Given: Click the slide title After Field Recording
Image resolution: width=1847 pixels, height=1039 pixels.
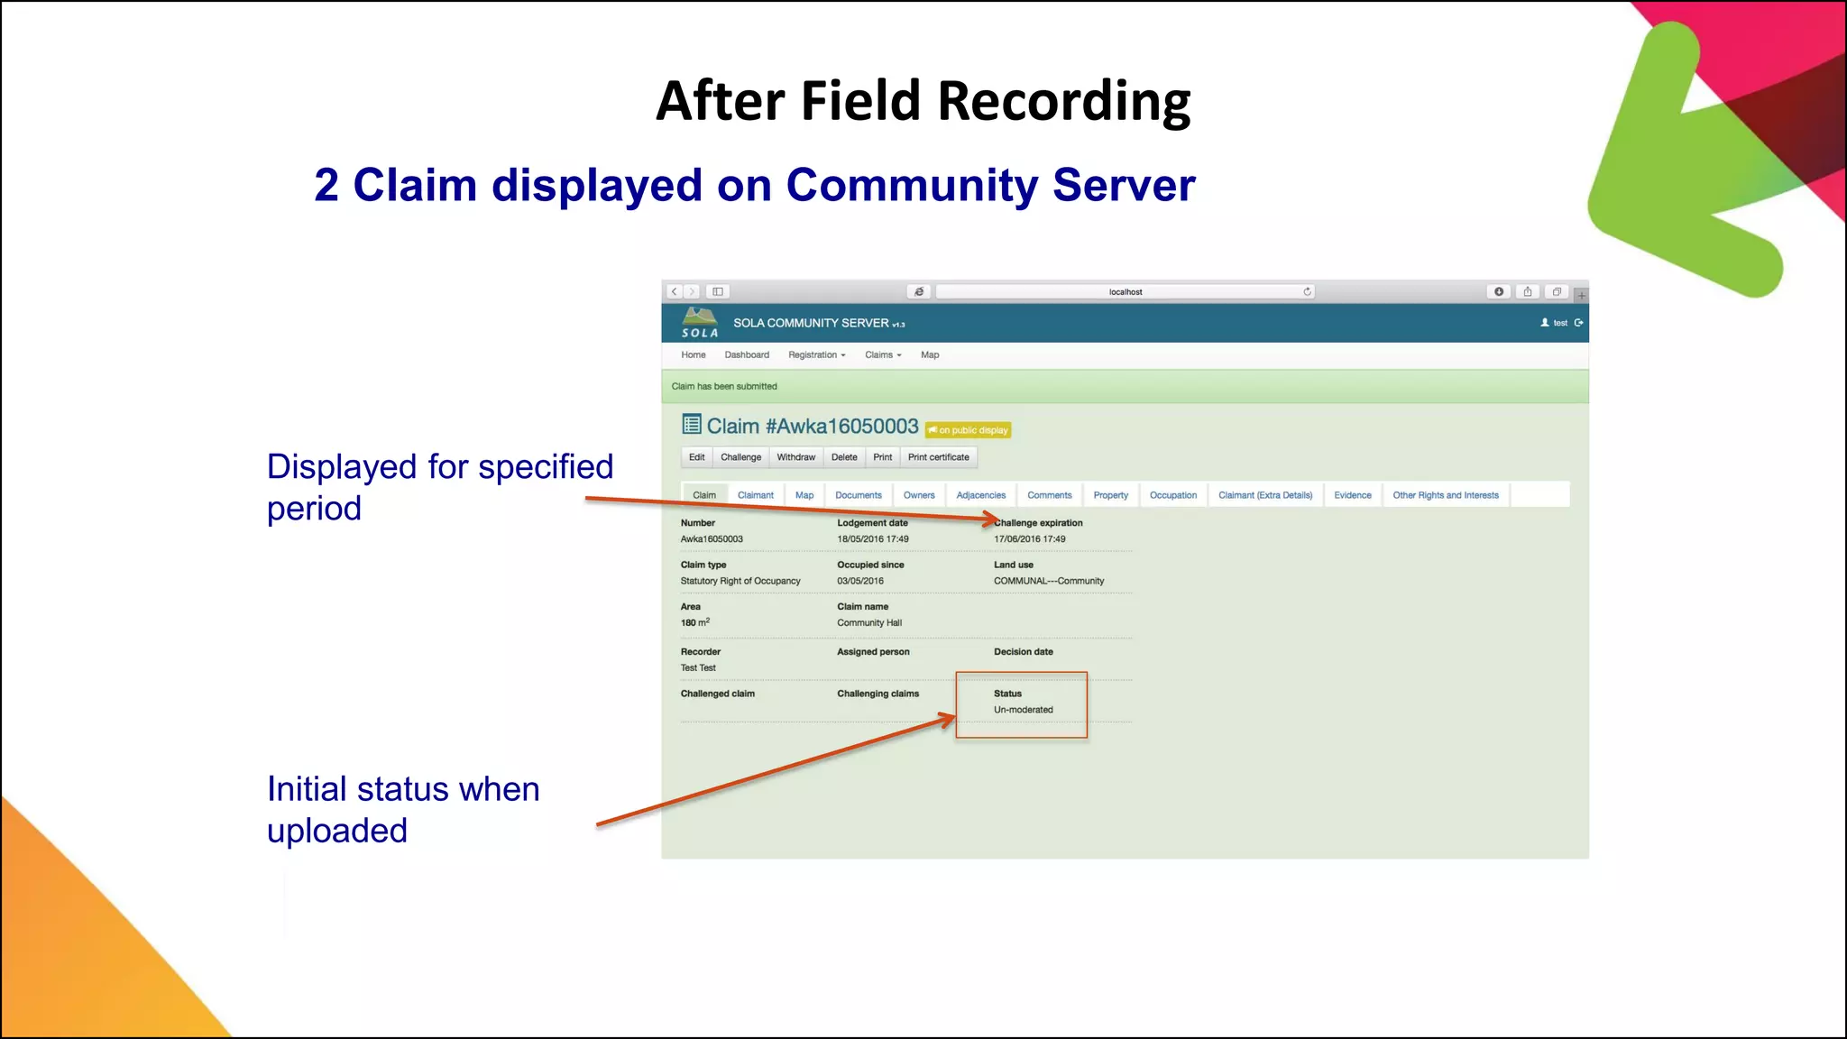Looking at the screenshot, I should [923, 100].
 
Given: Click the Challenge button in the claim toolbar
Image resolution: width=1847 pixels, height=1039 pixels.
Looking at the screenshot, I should [740, 457].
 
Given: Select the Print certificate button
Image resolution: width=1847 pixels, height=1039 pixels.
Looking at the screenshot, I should [938, 457].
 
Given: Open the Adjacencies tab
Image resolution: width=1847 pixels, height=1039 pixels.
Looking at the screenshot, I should [980, 495].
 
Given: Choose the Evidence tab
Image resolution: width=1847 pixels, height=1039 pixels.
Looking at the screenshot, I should [1352, 495].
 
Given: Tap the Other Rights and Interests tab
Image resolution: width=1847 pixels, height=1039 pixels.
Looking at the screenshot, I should [1445, 495].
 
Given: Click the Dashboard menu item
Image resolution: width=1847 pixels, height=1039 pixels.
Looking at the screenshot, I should [747, 354].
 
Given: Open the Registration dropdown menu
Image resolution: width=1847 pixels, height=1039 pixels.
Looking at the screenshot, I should [816, 354].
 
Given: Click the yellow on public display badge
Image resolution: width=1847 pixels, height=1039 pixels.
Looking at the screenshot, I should [968, 430].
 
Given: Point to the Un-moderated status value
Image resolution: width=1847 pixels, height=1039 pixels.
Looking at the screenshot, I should [1023, 710].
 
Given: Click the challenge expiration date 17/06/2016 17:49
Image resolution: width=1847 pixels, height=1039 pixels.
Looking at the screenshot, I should [1029, 539].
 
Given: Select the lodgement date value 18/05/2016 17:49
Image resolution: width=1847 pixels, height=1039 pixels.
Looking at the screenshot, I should [872, 539].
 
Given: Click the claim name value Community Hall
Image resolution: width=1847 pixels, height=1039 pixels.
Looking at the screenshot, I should [868, 623].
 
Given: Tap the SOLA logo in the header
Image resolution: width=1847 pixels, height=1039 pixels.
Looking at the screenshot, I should [700, 323].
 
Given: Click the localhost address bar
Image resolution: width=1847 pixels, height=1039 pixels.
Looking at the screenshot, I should [1125, 291].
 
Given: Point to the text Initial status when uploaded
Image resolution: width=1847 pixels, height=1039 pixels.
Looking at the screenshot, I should [402, 809].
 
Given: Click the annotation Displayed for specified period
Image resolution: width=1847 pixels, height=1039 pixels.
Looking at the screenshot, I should [439, 487].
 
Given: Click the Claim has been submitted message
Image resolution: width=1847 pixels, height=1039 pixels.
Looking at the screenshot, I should [724, 386].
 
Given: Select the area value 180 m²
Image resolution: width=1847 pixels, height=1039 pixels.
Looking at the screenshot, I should [694, 623].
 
